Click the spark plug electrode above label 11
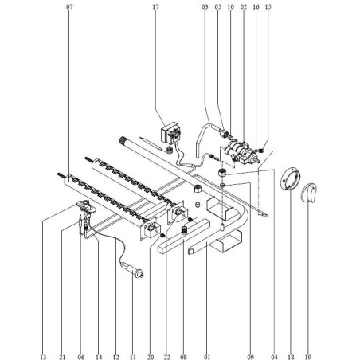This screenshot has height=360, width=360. (135, 272)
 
